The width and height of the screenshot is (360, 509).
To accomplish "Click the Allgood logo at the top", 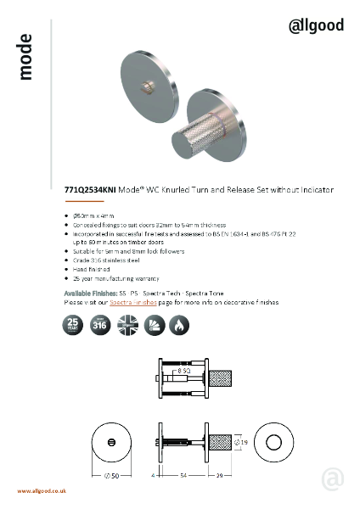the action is tap(317, 25).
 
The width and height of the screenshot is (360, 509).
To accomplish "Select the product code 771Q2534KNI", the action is tap(89, 191).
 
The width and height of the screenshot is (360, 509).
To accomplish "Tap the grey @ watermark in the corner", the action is tap(332, 479).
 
